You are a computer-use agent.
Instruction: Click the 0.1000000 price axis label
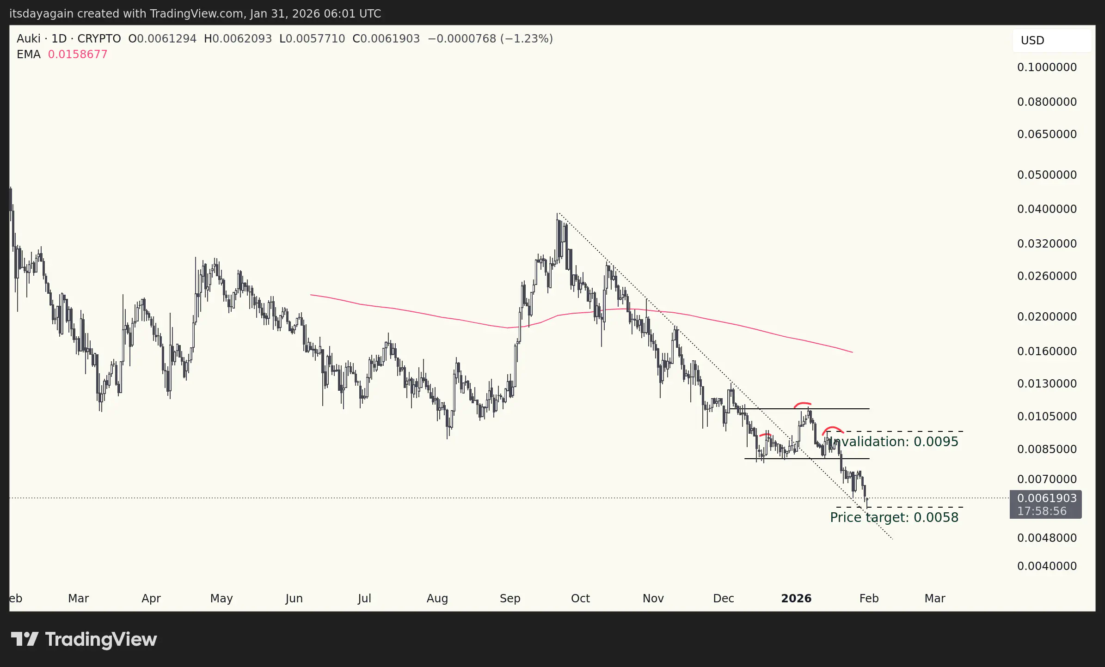[x=1047, y=67]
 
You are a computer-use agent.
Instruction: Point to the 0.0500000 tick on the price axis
[x=1047, y=175]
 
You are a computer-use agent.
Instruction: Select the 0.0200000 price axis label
[x=1047, y=317]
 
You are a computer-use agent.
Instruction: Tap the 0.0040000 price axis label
[x=1047, y=566]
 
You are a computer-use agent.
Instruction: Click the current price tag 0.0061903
[x=1047, y=498]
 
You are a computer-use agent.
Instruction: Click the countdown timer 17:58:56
[x=1042, y=511]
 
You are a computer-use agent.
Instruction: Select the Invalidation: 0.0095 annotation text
[x=893, y=442]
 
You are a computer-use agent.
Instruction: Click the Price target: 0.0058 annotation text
[x=894, y=517]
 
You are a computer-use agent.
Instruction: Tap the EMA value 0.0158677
[x=78, y=55]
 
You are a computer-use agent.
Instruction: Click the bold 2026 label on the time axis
[x=796, y=599]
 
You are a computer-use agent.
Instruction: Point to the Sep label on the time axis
[x=510, y=599]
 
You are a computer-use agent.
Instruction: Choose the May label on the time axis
[x=221, y=599]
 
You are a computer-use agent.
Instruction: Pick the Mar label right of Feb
[x=934, y=599]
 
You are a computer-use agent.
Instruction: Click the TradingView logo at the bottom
[x=84, y=640]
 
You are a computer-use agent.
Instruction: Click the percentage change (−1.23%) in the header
[x=527, y=39]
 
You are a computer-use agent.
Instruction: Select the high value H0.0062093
[x=238, y=39]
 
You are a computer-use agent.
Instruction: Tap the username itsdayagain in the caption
[x=42, y=14]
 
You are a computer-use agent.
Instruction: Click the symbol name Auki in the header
[x=28, y=39]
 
